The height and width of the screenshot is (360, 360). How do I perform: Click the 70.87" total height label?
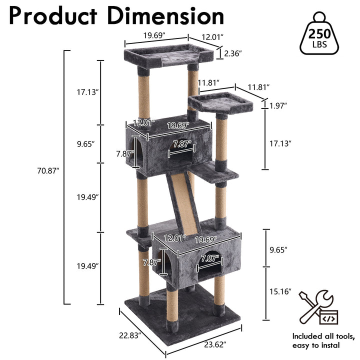(x=48, y=170)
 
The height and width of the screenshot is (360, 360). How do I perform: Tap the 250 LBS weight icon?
(x=319, y=33)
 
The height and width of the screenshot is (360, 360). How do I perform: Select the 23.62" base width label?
(x=215, y=344)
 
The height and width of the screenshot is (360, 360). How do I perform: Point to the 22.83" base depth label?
(x=129, y=335)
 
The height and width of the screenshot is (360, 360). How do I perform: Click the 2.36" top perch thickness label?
(x=233, y=53)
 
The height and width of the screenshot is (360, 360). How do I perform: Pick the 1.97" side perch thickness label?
(x=278, y=106)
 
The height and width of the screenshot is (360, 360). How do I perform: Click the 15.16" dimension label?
(x=280, y=291)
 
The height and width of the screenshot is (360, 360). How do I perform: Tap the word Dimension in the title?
(x=166, y=16)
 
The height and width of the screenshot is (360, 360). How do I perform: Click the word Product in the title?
(x=53, y=16)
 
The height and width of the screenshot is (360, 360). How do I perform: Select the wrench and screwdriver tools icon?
(x=318, y=307)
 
